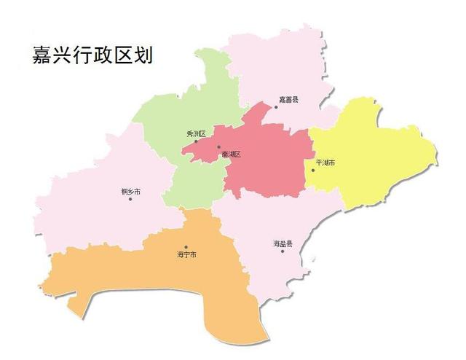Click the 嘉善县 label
point(289,98)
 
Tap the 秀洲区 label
point(197,133)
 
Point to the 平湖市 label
point(325,163)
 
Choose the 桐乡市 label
point(130,191)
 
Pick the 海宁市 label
point(186,255)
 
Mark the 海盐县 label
point(283,243)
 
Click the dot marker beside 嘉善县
point(275,107)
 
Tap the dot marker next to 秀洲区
point(196,141)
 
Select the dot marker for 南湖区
point(218,147)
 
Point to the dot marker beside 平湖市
point(313,171)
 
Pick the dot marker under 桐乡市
point(130,199)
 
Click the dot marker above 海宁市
point(186,247)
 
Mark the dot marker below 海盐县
point(283,251)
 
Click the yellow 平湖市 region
point(371,157)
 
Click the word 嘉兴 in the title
point(50,55)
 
